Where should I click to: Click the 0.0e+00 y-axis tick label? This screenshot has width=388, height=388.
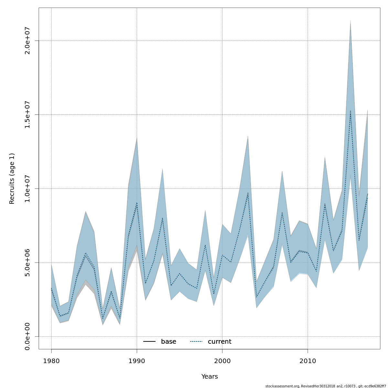click(27, 336)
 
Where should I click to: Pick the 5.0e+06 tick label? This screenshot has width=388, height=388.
click(27, 263)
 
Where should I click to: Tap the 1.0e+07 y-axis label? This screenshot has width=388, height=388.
click(27, 189)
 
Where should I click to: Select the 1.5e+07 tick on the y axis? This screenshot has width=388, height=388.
click(27, 114)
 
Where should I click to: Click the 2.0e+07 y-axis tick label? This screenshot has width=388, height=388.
click(27, 41)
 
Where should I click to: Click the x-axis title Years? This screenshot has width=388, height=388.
click(210, 377)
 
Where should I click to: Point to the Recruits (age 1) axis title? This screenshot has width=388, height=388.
click(12, 178)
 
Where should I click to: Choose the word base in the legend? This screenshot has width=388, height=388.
click(168, 342)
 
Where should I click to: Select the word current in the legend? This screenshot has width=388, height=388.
click(220, 342)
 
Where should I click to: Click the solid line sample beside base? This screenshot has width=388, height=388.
click(149, 342)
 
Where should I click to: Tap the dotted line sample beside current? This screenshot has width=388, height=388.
click(196, 342)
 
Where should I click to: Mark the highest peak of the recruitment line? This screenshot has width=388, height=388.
click(350, 111)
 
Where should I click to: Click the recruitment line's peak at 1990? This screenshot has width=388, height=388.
click(137, 203)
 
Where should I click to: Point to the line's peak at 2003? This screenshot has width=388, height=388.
click(248, 193)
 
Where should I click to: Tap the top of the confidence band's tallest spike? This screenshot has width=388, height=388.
click(350, 21)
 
